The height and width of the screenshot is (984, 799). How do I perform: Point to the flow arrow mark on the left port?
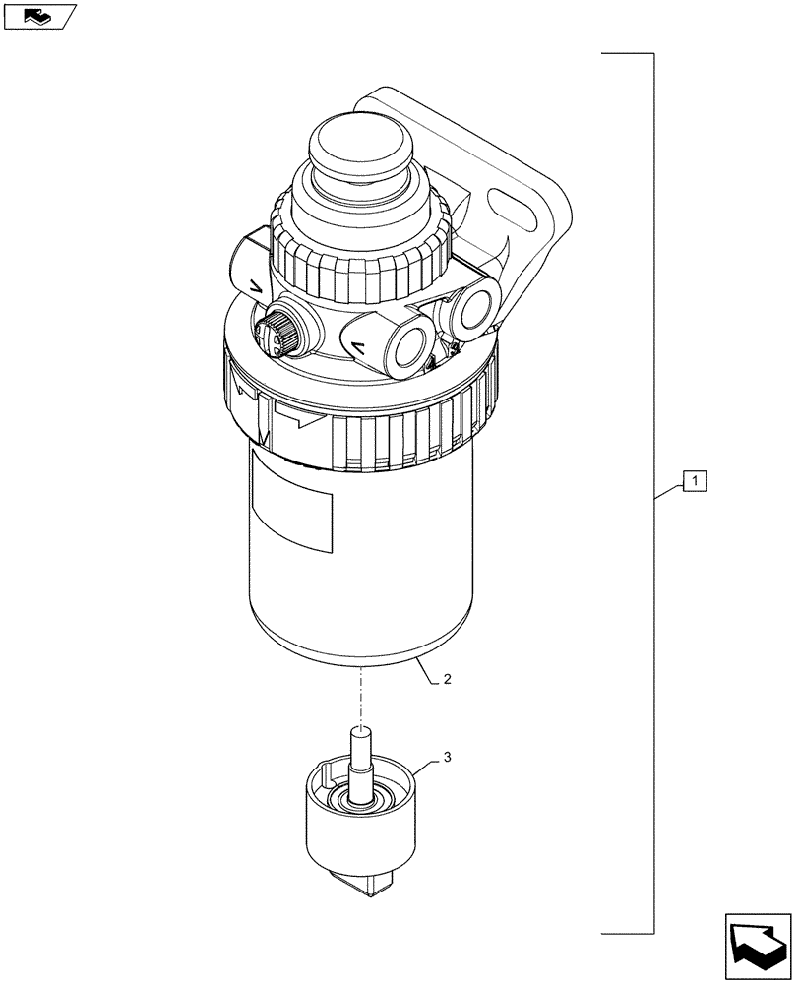click(254, 286)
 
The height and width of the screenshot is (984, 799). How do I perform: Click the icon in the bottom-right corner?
click(759, 948)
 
